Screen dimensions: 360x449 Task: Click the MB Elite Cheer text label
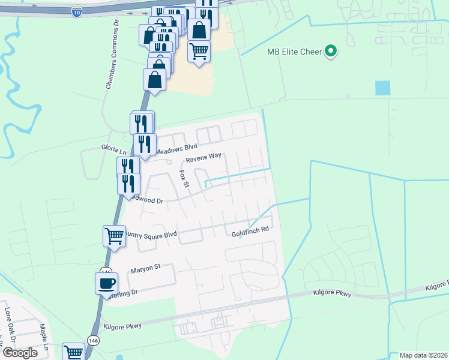294,51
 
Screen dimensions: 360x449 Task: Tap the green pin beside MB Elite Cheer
330,51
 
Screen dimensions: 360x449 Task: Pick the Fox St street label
184,178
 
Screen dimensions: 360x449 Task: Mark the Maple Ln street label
44,337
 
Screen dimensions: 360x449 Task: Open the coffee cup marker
107,283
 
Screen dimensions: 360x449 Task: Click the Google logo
20,353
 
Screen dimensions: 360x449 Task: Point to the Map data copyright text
423,355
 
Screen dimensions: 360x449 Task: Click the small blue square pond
382,88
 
